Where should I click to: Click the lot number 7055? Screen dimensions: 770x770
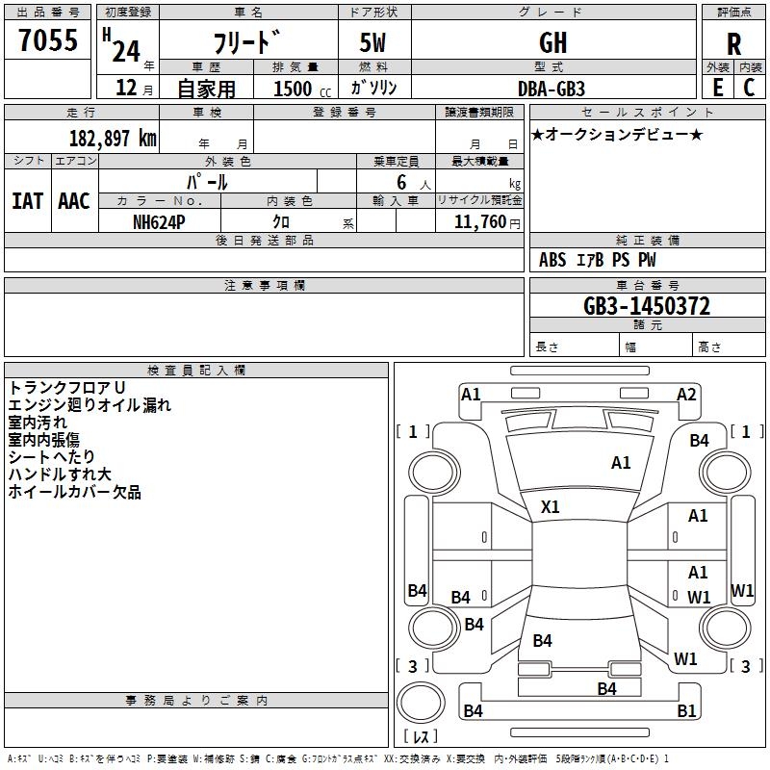coord(48,39)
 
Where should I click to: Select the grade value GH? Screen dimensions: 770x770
coord(552,42)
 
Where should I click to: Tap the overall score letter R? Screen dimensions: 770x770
coord(733,44)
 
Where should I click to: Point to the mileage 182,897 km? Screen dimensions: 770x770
coord(113,139)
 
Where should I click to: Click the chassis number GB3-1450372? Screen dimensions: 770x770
coord(647,306)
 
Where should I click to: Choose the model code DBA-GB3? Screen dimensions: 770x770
coord(552,89)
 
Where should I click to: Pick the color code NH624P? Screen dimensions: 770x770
coord(159,222)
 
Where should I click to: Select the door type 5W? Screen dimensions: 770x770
coord(372,42)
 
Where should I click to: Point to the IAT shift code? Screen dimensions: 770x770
coord(28,201)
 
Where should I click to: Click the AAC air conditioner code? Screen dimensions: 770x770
coord(74,201)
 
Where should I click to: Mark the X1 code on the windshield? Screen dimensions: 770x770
coord(550,507)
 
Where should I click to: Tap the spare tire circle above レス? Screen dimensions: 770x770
coord(421,703)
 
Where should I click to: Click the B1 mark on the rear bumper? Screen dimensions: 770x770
coord(686,710)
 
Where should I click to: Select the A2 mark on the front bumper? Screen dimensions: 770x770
coord(686,395)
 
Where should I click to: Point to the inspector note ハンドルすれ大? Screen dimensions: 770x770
coord(60,474)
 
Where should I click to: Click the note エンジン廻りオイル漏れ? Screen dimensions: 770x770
coord(90,404)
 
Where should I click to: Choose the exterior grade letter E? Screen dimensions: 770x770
coord(718,88)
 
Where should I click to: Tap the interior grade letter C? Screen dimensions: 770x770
coord(749,88)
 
